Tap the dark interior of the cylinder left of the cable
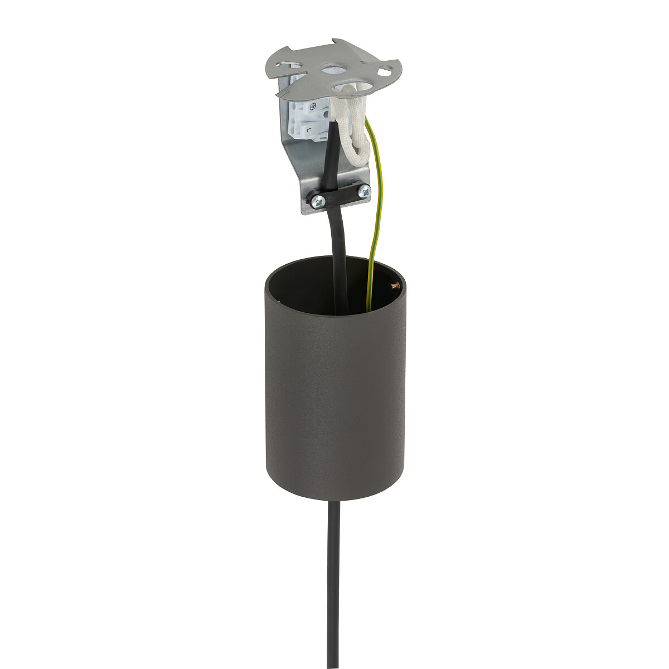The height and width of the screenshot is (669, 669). tap(301, 290)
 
